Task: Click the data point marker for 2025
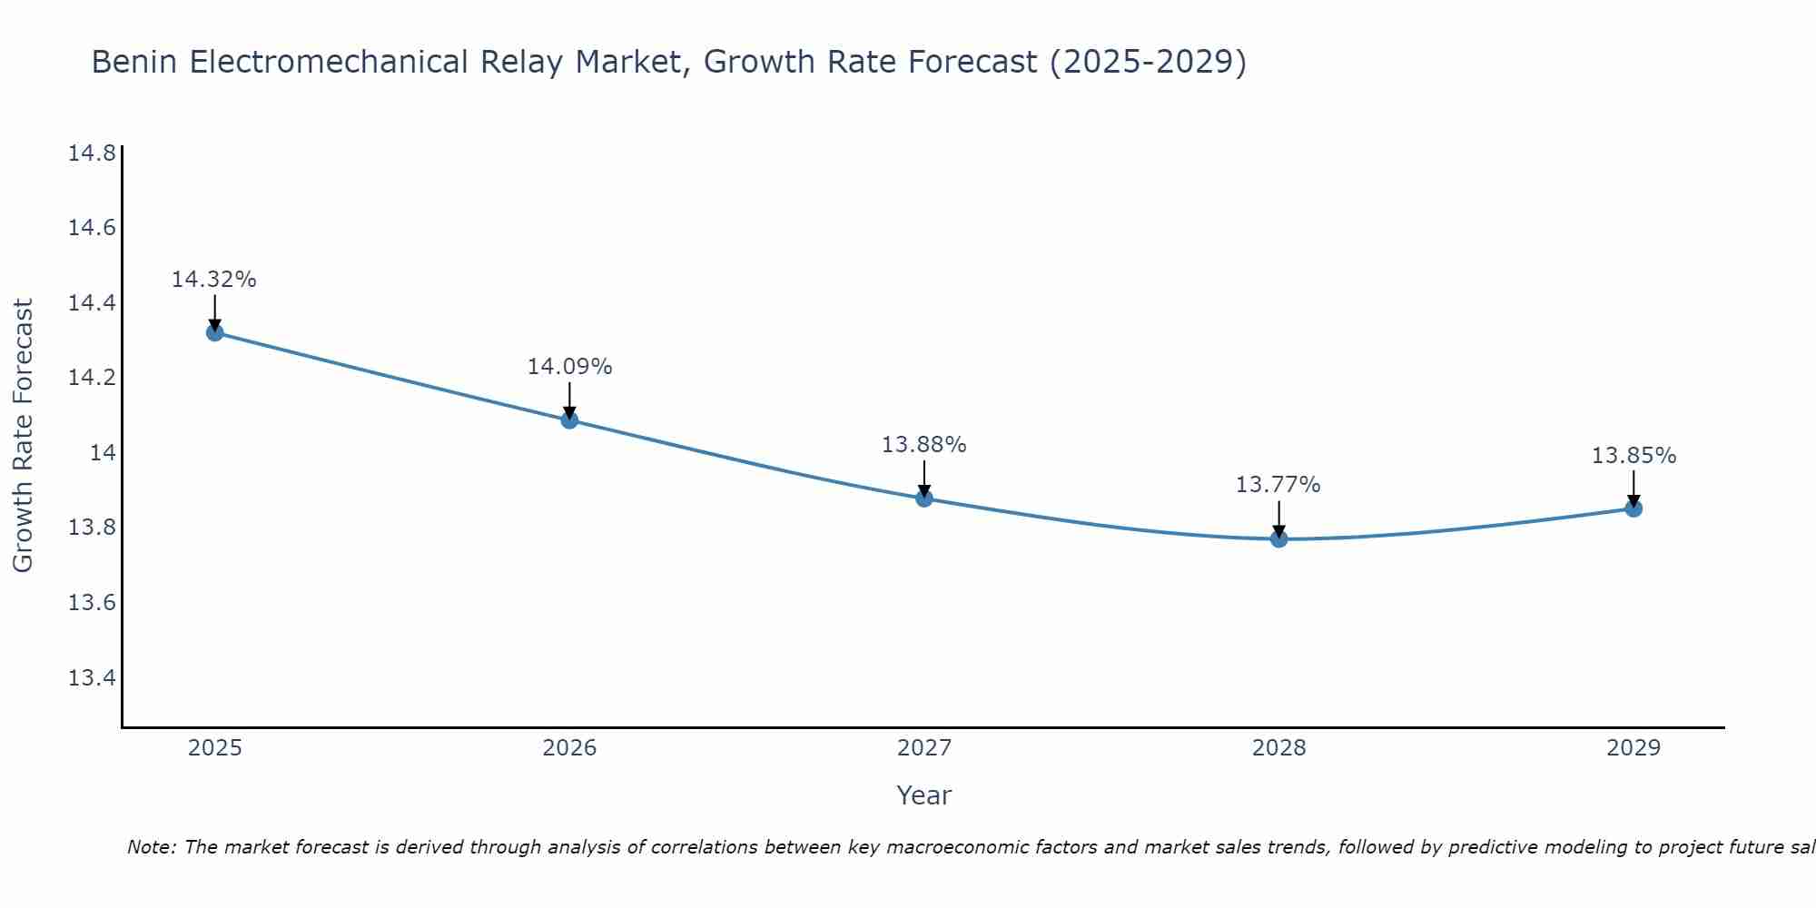pos(214,332)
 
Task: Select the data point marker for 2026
pos(569,419)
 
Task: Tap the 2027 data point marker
pos(924,498)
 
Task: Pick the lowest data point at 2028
pos(1278,538)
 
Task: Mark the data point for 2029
pos(1633,508)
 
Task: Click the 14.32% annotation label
pos(214,280)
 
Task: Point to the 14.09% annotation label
pos(569,367)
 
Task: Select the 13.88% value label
pos(924,445)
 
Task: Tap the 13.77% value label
pos(1278,485)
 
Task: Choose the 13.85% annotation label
pos(1633,456)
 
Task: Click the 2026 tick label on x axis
pos(569,748)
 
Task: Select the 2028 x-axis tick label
pos(1278,748)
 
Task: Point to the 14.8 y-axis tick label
pos(93,153)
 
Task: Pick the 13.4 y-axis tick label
pos(93,677)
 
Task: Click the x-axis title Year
pos(924,795)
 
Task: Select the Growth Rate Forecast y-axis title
pos(24,436)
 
